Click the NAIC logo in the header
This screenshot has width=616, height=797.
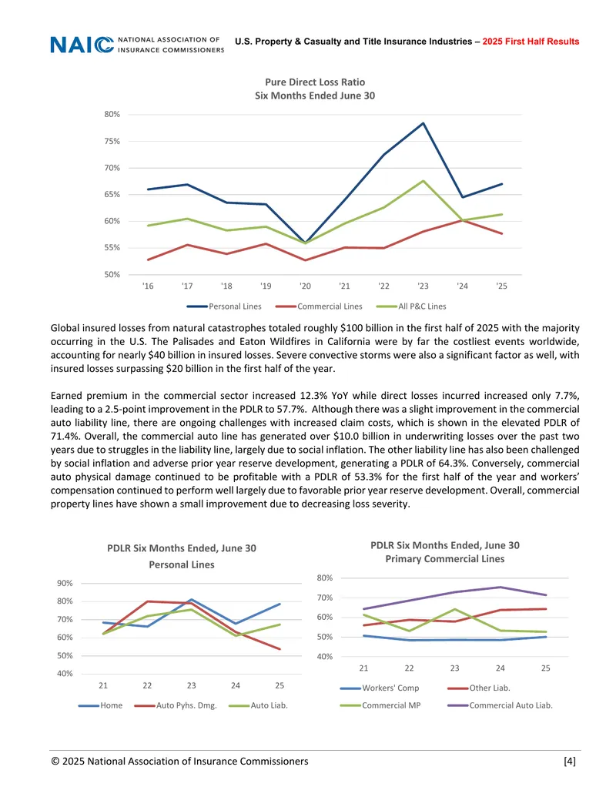(x=137, y=45)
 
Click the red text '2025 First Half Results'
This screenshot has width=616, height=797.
(x=531, y=42)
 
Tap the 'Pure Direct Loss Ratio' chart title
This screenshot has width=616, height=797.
(x=315, y=82)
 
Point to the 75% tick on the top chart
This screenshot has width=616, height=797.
(x=112, y=142)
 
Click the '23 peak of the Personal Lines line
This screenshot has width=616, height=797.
(x=423, y=123)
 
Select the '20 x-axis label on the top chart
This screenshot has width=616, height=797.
(x=305, y=286)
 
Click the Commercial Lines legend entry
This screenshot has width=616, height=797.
(x=319, y=306)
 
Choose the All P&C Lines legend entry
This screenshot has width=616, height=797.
(x=411, y=306)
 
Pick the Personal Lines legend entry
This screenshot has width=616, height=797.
(x=224, y=306)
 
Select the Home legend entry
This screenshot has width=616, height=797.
(x=100, y=705)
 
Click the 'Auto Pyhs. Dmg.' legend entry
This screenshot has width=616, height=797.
(x=176, y=705)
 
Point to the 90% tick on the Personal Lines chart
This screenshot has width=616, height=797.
(x=65, y=583)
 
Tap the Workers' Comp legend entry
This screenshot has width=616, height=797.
(x=380, y=688)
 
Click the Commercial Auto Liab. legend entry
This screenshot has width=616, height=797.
(x=500, y=705)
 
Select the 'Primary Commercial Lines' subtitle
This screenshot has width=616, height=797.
(x=445, y=558)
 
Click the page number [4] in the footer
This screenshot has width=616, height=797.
(x=570, y=761)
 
